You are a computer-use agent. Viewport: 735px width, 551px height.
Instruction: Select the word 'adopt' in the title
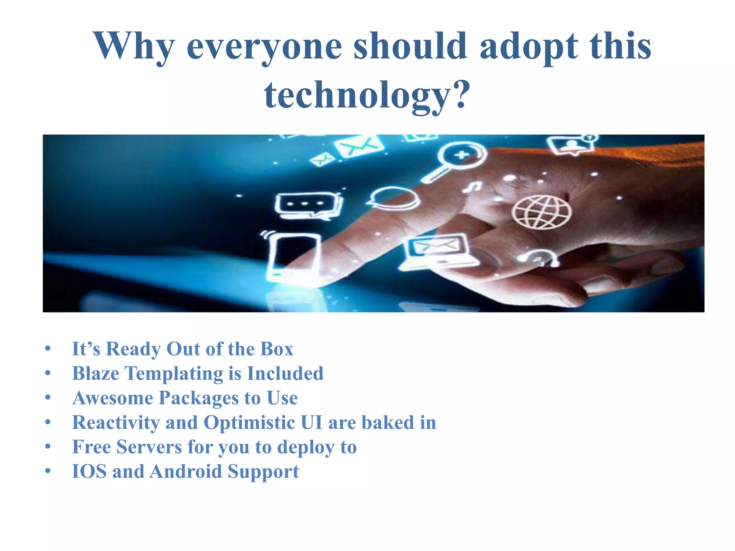click(x=529, y=47)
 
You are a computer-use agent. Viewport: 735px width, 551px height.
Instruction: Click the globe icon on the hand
click(x=541, y=212)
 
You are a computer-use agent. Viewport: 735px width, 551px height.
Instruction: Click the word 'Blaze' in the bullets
click(x=95, y=373)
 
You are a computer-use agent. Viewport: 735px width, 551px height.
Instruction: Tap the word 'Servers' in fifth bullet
click(x=149, y=447)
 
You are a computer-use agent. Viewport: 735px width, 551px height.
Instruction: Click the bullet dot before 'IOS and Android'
click(x=48, y=471)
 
